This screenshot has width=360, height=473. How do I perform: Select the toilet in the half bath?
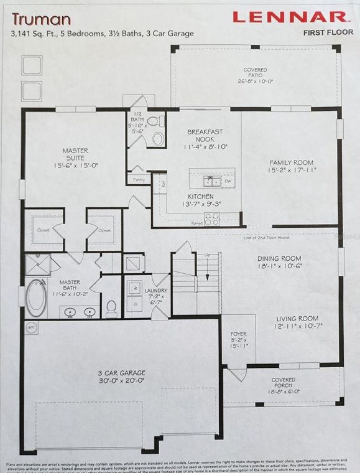157,138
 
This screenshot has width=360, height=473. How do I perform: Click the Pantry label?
138,179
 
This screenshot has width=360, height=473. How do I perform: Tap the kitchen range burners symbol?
212,219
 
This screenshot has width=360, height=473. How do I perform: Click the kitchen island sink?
212,180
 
